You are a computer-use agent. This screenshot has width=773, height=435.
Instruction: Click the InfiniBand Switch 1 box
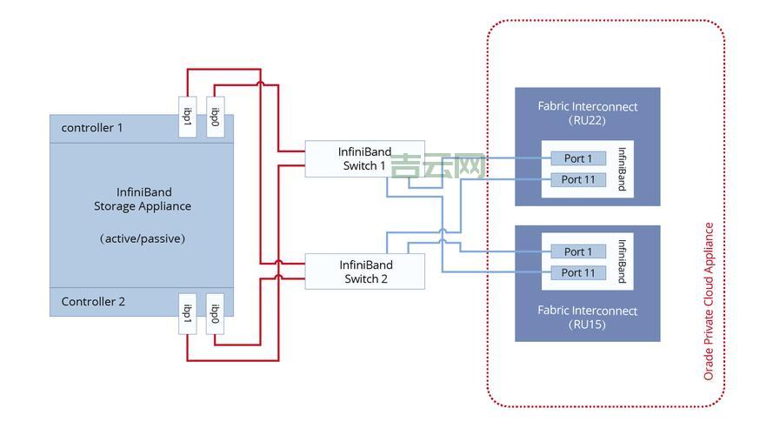(364, 158)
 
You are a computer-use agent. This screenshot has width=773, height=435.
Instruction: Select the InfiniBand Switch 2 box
(364, 271)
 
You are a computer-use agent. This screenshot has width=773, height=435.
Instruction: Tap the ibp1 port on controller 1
(186, 115)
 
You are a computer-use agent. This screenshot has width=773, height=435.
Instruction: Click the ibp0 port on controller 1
(215, 115)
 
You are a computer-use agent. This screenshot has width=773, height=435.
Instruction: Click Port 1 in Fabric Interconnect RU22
(577, 158)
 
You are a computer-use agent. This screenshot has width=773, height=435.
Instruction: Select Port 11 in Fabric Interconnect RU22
(577, 179)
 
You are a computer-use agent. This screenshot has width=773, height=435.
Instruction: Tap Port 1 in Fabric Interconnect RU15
(577, 251)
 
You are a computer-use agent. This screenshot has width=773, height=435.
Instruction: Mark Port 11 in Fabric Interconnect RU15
(577, 272)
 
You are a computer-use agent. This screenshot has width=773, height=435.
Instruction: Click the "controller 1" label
(92, 128)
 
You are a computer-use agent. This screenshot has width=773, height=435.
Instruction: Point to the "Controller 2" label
(93, 302)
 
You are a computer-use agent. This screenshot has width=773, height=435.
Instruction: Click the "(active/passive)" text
(143, 238)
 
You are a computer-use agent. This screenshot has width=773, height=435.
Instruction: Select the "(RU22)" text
(587, 120)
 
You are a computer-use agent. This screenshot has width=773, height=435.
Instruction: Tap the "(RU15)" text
(587, 325)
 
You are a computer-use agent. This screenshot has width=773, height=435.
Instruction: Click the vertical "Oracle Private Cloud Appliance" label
(709, 301)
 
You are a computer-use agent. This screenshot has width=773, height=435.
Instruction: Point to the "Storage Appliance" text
(143, 206)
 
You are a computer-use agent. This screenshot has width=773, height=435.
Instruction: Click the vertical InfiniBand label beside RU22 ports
(622, 169)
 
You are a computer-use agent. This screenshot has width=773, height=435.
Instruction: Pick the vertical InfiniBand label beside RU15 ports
(622, 261)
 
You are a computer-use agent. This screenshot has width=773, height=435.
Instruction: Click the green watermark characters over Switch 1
(437, 165)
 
